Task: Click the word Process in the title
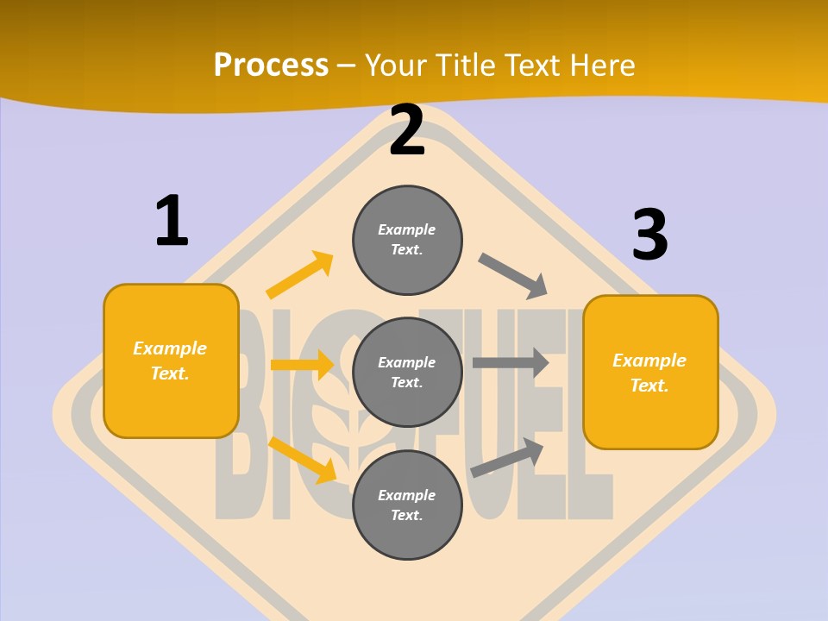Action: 271,66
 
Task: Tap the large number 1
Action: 172,221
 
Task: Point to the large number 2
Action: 407,130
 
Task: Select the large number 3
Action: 649,235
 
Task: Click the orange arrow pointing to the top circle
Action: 300,275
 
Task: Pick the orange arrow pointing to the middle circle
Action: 303,365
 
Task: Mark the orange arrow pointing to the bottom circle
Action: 303,460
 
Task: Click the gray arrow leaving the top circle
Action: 513,275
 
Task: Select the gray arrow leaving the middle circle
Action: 511,362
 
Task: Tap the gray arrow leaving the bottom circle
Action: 507,458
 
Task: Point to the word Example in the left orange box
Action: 170,348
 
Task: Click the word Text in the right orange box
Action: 649,386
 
